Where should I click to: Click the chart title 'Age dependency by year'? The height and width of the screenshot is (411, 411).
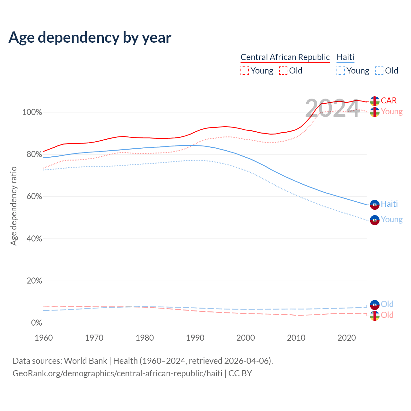(x=90, y=38)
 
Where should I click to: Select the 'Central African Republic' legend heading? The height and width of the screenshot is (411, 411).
(x=285, y=57)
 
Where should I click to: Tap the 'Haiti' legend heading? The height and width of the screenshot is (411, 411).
(x=345, y=57)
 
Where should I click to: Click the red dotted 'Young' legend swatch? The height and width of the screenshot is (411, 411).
(x=245, y=71)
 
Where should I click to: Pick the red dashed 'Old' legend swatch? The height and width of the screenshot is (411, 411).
(x=283, y=71)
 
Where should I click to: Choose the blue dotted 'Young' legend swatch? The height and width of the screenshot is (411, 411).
(x=341, y=71)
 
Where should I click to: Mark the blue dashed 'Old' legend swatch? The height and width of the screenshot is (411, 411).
(x=379, y=71)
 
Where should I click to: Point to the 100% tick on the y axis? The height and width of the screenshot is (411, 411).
(x=32, y=112)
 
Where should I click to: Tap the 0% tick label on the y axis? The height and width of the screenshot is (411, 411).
(x=37, y=323)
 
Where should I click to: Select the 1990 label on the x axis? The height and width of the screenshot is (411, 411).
(x=195, y=338)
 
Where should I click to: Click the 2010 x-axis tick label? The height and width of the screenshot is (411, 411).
(x=296, y=338)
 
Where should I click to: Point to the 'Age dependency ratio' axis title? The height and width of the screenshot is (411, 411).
(x=13, y=206)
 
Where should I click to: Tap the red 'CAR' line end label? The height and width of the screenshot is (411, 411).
(x=389, y=101)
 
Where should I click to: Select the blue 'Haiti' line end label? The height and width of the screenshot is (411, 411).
(x=389, y=204)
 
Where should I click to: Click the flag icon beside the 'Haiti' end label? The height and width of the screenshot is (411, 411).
(x=375, y=205)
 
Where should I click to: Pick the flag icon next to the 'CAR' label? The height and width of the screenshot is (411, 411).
(x=375, y=101)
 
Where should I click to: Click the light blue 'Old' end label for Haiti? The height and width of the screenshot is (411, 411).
(x=387, y=304)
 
